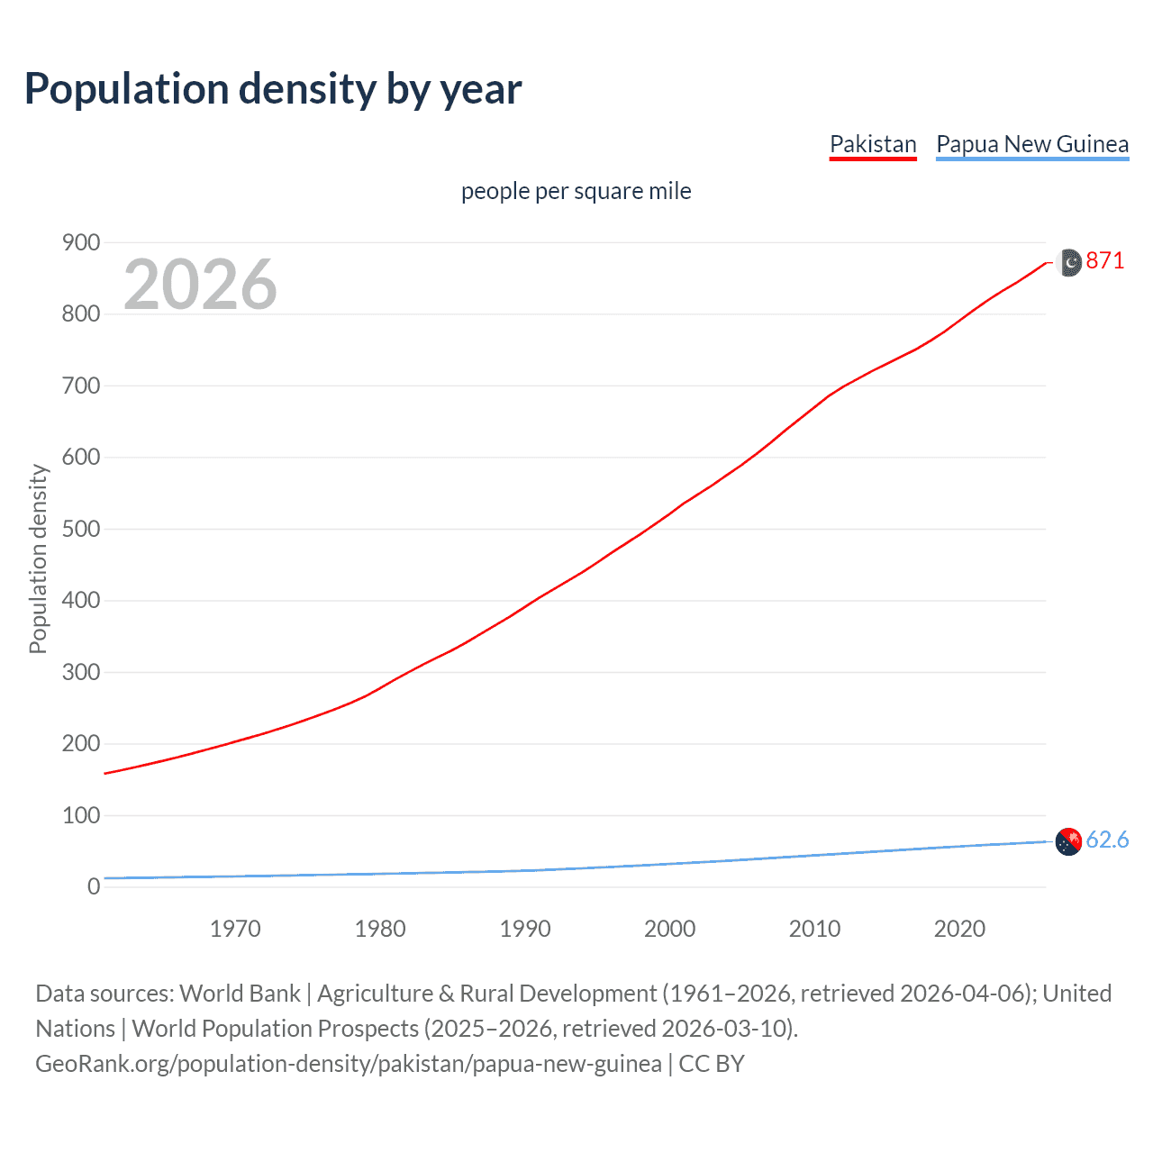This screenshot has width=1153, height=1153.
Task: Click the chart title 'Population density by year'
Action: [x=273, y=89]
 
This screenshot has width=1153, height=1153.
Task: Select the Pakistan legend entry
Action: [x=872, y=144]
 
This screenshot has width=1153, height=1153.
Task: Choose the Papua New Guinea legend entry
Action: [x=1031, y=144]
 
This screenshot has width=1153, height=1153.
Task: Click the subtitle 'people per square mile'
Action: [x=576, y=191]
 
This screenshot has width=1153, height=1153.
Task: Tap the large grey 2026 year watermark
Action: [x=200, y=285]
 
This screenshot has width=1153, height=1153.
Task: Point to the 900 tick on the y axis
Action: [x=81, y=242]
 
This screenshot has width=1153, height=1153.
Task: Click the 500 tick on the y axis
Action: [x=81, y=529]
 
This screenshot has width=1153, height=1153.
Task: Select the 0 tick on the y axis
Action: [x=93, y=886]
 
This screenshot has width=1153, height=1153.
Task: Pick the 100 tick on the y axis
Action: [x=81, y=815]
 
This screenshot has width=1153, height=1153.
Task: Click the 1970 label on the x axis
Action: [x=235, y=929]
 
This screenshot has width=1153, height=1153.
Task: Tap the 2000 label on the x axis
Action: [x=669, y=929]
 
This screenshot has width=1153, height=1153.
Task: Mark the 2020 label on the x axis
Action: [x=959, y=929]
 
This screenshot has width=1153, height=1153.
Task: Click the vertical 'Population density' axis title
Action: [x=38, y=558]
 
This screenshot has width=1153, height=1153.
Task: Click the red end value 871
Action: [x=1104, y=261]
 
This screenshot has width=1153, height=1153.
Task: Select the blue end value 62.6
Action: [x=1107, y=840]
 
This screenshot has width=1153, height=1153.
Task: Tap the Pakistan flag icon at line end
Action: [x=1068, y=262]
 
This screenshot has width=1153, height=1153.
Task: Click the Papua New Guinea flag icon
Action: [x=1068, y=841]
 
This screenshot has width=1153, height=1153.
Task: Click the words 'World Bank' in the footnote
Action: [x=240, y=994]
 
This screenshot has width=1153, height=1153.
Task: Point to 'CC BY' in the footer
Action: [x=712, y=1064]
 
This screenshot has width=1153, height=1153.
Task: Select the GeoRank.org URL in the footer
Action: [x=348, y=1064]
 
